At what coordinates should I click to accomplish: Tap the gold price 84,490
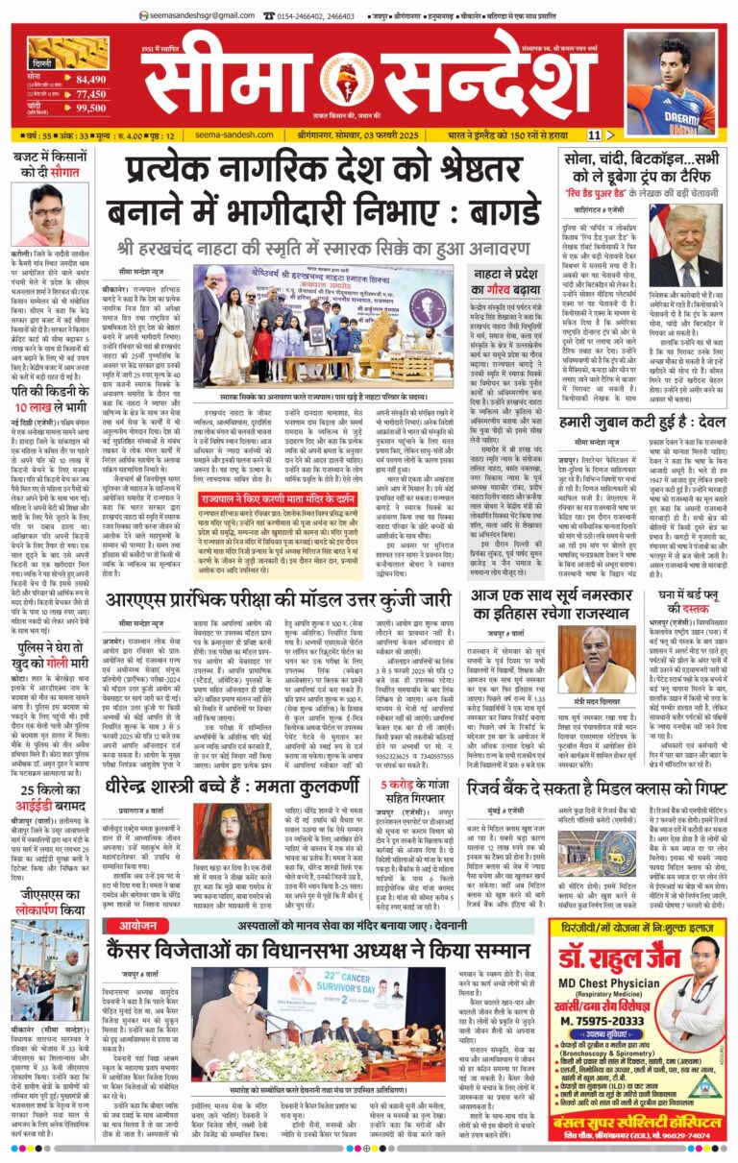(x=90, y=79)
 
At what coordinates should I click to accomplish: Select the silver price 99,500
(x=90, y=109)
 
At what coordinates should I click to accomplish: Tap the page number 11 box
(x=595, y=135)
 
